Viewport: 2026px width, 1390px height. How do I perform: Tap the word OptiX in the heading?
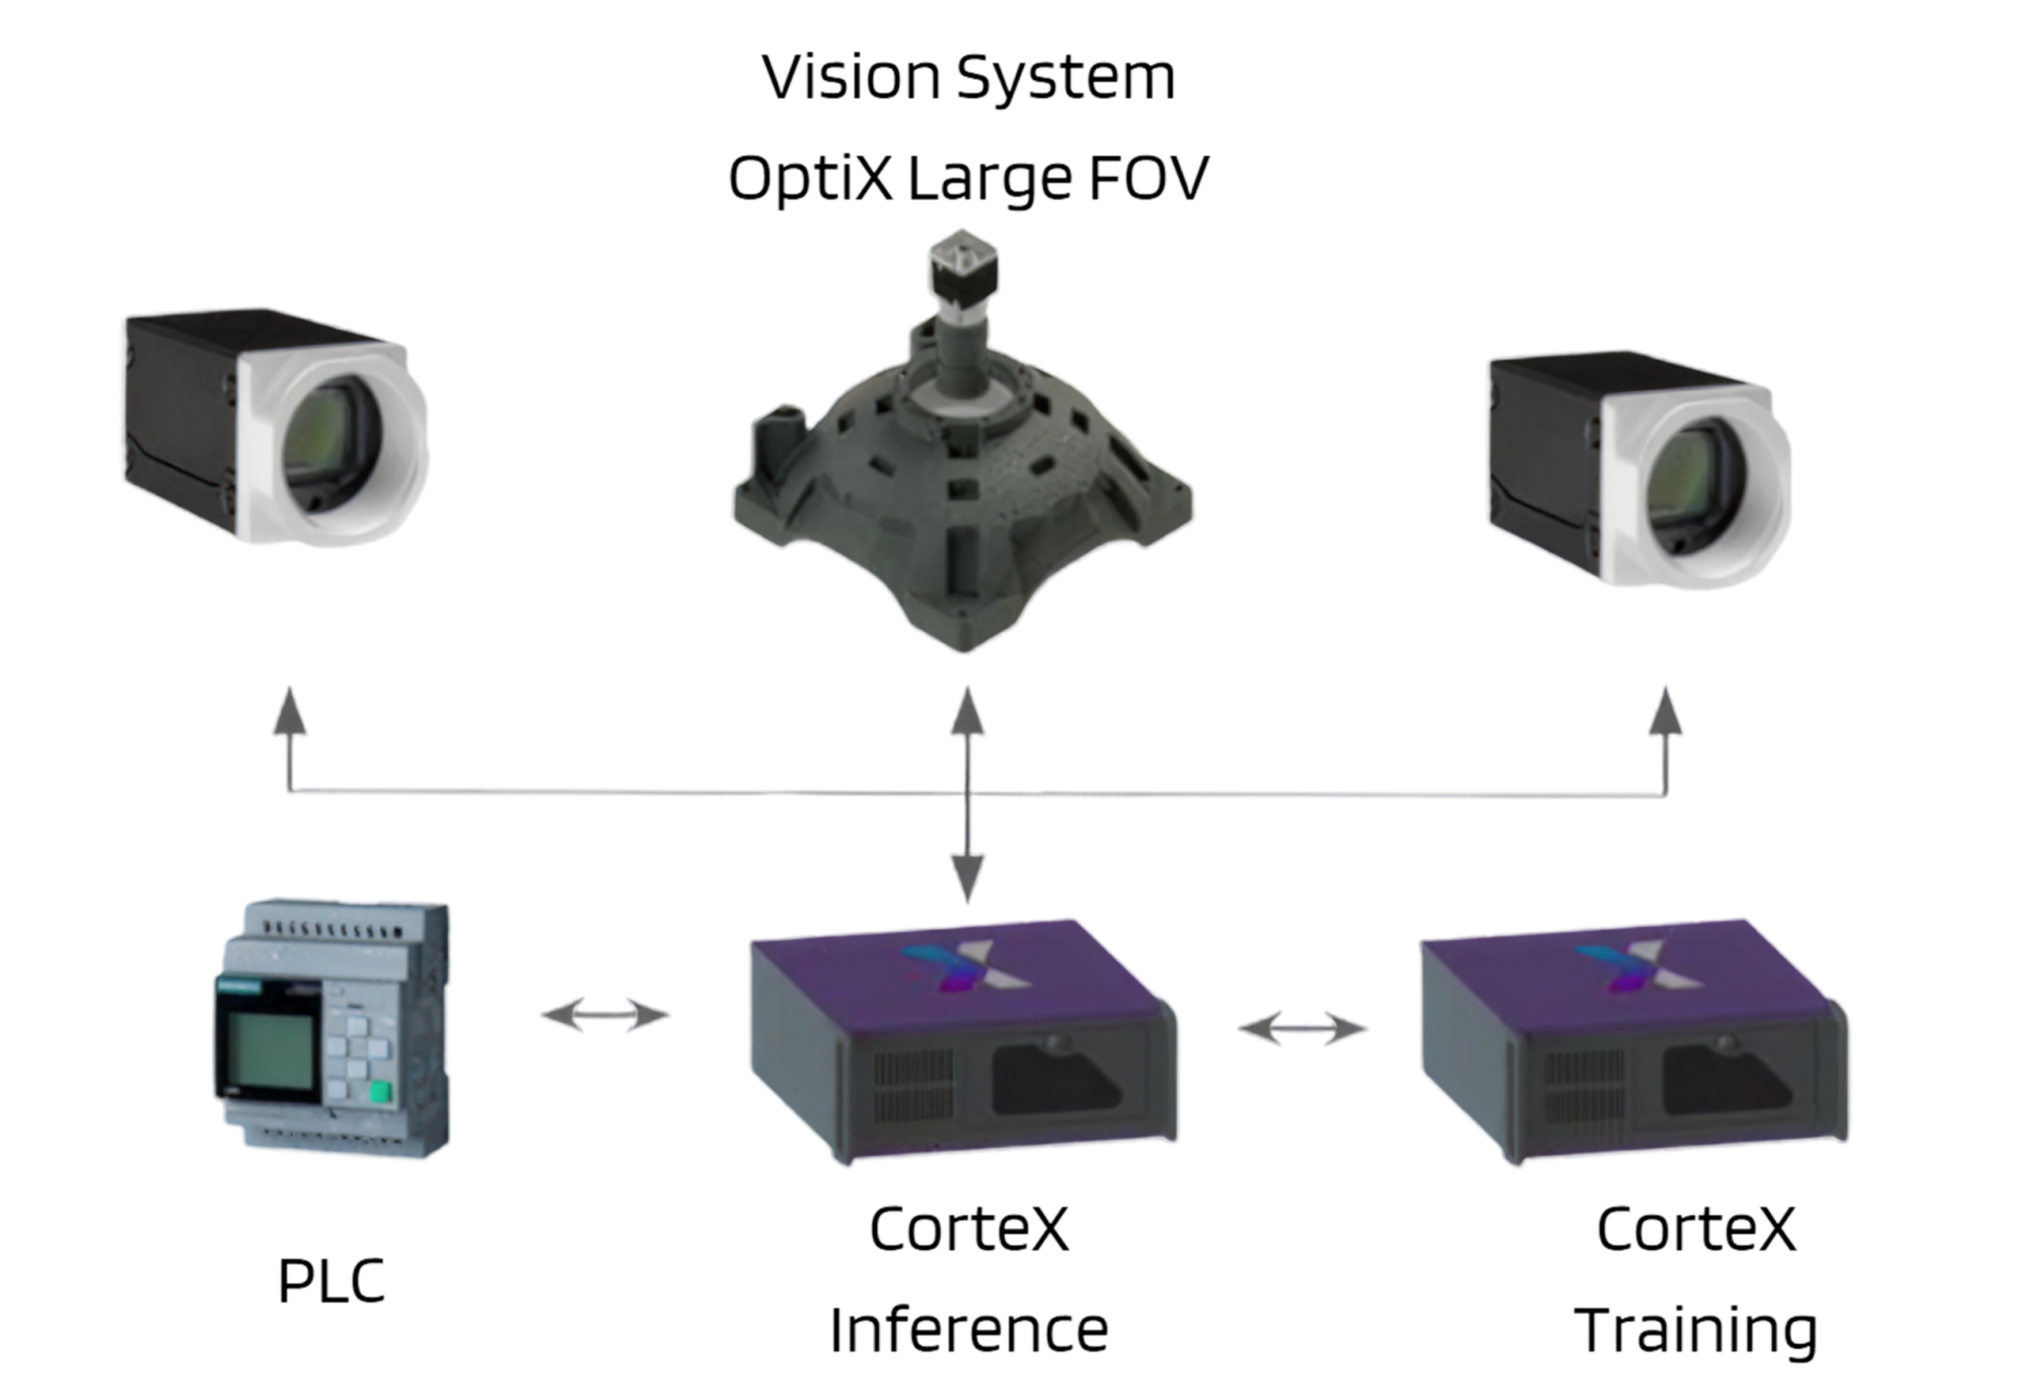[x=810, y=178]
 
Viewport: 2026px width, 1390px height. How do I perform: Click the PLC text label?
[x=332, y=1280]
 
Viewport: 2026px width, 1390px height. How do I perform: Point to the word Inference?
[x=969, y=1330]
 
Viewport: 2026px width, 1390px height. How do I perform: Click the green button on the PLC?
[x=380, y=1092]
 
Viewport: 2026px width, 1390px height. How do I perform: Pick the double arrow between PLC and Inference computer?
[x=605, y=1014]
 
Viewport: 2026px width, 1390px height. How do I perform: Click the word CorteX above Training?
[x=1696, y=1229]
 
